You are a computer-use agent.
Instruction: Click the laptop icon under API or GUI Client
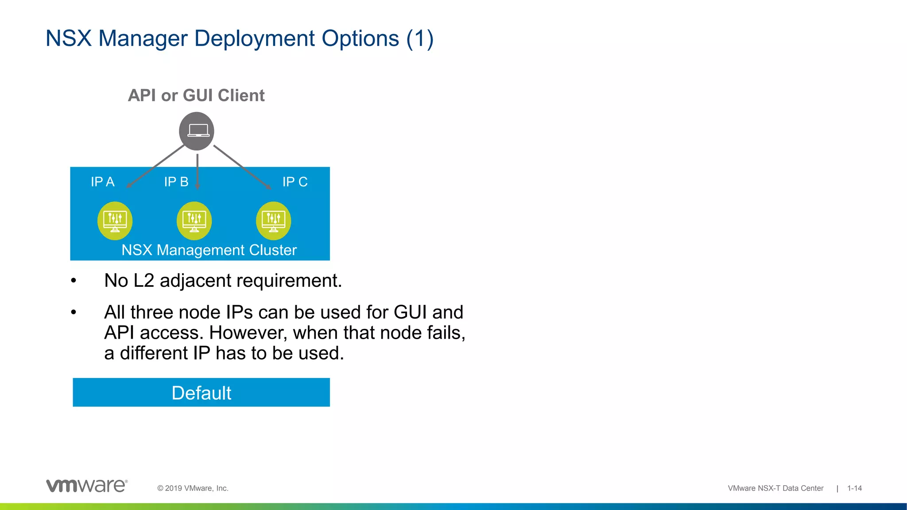[197, 131]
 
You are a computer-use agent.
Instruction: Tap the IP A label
[102, 182]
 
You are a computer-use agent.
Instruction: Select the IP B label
[176, 182]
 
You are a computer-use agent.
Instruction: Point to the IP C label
[295, 182]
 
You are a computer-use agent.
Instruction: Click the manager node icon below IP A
[115, 220]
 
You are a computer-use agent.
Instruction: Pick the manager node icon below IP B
[194, 220]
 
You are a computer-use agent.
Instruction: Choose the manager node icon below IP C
[273, 220]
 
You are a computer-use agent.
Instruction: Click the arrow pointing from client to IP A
[155, 166]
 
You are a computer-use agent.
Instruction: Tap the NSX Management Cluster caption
[209, 250]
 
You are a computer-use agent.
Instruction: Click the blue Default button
[202, 393]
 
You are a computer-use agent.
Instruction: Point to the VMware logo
[87, 486]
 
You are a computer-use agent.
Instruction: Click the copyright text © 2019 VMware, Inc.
[193, 488]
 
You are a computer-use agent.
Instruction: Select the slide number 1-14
[854, 488]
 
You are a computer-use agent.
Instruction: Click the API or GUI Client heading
[196, 96]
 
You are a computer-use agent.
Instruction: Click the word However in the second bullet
[248, 333]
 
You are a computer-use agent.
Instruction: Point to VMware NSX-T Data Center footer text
[775, 488]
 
